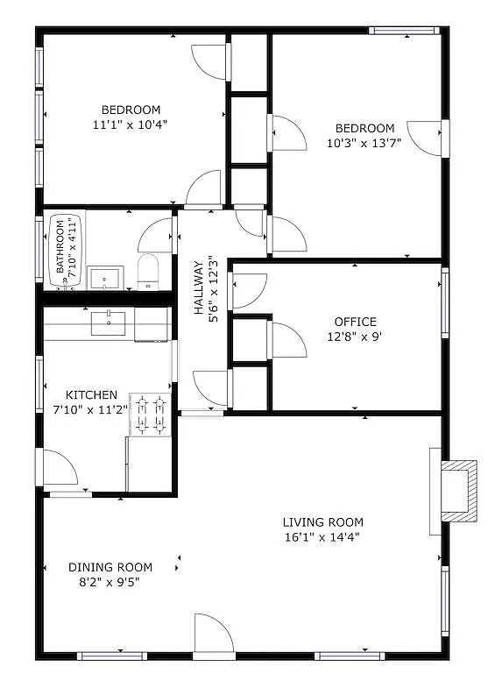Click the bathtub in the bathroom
coord(65,250)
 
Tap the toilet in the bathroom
coord(148,272)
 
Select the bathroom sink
coord(105,278)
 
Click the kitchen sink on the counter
coord(108,323)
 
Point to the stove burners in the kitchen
coord(150,415)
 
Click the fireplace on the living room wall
coord(458,491)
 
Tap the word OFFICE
coord(355,322)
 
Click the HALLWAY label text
coord(199,287)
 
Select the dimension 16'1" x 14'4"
coord(322,537)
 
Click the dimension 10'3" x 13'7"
coord(364,143)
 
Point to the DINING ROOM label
coord(110,567)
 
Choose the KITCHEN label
coord(91,395)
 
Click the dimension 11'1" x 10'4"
coord(131,124)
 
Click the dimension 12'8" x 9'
coord(355,337)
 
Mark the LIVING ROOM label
coord(322,522)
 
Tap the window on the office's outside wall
coord(445,302)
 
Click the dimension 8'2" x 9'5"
coord(110,582)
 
